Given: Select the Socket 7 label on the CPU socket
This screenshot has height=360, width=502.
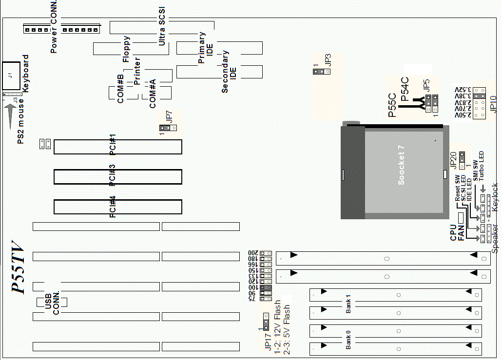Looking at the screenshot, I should pyautogui.click(x=402, y=165).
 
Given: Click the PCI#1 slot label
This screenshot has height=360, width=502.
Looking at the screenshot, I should pyautogui.click(x=113, y=145).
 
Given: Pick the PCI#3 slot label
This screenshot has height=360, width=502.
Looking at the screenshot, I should pyautogui.click(x=113, y=175).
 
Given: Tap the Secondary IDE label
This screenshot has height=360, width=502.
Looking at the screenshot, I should pyautogui.click(x=229, y=72).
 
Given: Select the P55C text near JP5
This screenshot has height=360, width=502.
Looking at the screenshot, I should pyautogui.click(x=392, y=105).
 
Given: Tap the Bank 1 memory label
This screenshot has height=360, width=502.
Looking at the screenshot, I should pyautogui.click(x=348, y=303).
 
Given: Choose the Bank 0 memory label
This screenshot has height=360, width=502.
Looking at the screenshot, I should pyautogui.click(x=348, y=340).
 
